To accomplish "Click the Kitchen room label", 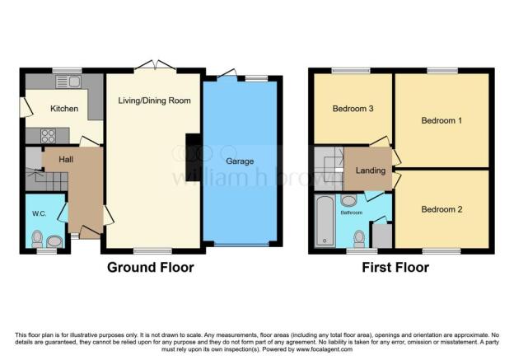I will tap(63, 109).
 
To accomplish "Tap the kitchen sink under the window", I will tap(65, 81).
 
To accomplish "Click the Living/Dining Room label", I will tap(154, 101).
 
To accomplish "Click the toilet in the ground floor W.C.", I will tap(36, 239).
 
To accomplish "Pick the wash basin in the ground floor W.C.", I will tap(55, 241).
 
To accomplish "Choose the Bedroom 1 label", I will tap(442, 121).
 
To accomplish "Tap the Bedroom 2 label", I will tap(442, 209).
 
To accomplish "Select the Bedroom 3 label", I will tap(353, 109).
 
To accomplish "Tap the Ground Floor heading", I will tap(150, 268).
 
